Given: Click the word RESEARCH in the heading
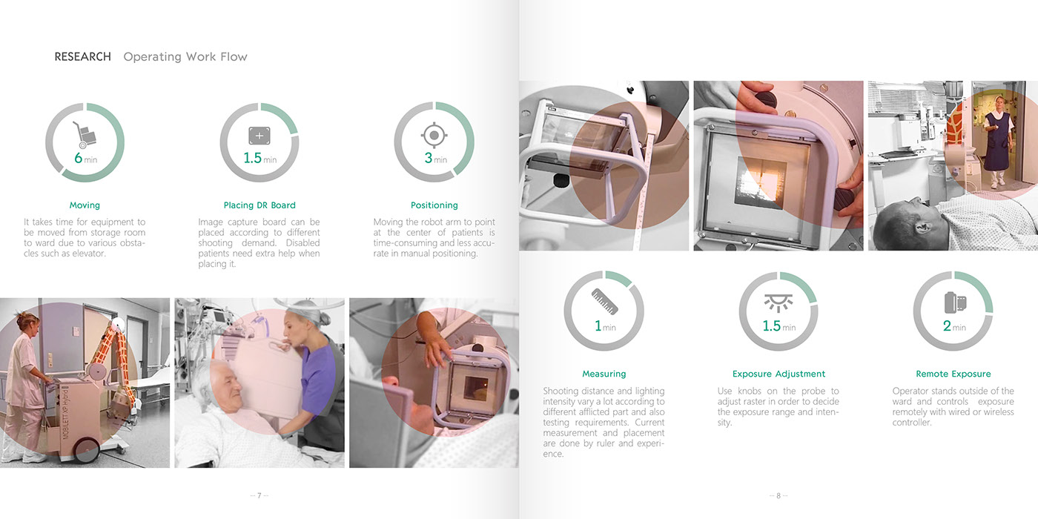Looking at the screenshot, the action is point(82,56).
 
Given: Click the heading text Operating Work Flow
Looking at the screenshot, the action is point(185,57).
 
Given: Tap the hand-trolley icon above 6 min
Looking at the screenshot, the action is point(85,135).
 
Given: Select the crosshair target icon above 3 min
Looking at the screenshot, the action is point(434,135).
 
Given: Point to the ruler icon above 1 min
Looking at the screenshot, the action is point(604,302).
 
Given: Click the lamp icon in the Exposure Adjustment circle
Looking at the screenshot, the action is point(778,303).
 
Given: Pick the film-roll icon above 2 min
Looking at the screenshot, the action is point(955,303).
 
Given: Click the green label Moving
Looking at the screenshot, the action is point(85,205).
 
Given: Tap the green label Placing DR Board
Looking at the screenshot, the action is point(259,205).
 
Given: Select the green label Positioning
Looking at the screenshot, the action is point(434,205).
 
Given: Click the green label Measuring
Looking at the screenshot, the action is point(604,374).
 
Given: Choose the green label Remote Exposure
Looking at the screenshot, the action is point(953,374).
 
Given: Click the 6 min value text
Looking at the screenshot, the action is point(86,158).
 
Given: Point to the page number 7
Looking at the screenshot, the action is point(259,495).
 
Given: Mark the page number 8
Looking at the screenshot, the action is point(778,495).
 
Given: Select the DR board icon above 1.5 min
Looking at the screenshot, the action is point(259,136).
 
